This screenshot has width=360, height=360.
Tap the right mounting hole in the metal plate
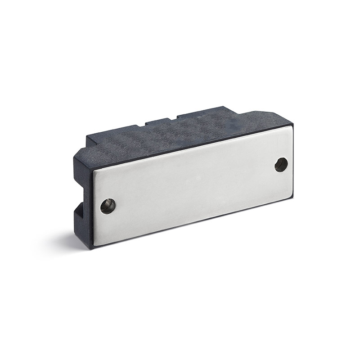click(281, 164)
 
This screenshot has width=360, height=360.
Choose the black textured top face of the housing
click(180, 135)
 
